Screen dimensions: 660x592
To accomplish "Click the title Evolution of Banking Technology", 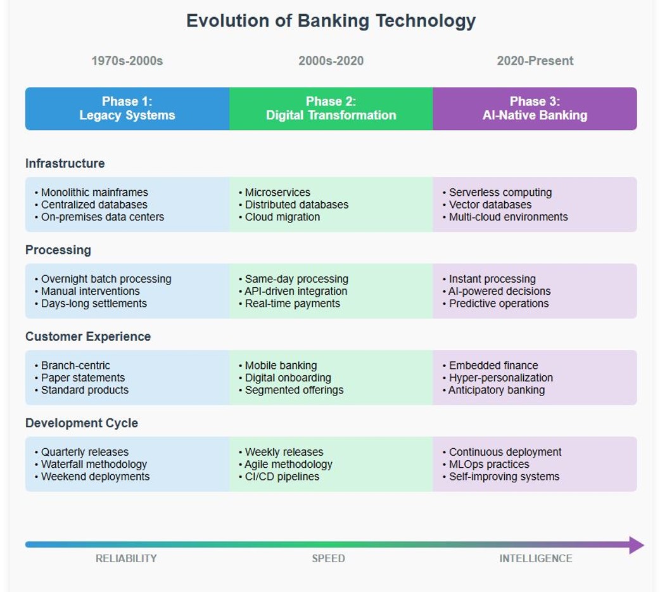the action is (x=331, y=21).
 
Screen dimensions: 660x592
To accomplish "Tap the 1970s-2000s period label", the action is (x=127, y=61).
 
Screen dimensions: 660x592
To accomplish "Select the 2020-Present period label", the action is (x=535, y=61).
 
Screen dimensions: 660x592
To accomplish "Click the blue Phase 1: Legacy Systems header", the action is (x=127, y=108).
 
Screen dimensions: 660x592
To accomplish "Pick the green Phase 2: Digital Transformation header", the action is (x=331, y=108).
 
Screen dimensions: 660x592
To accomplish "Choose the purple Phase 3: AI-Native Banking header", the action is (x=535, y=108).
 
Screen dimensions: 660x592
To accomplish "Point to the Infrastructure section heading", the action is (x=65, y=164).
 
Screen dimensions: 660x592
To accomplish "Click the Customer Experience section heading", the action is (x=88, y=337).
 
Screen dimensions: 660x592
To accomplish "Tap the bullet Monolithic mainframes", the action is (x=91, y=193).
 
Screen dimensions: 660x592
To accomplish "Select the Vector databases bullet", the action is (x=487, y=205).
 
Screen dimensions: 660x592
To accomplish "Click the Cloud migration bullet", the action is (x=279, y=217).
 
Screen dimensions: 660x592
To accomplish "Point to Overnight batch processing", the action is (x=103, y=279).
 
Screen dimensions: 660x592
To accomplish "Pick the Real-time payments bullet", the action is (x=289, y=304).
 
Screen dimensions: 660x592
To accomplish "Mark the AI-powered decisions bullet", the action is (x=497, y=291).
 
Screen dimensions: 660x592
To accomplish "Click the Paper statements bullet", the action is (x=80, y=378).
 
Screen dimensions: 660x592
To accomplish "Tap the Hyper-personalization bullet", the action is (x=498, y=378).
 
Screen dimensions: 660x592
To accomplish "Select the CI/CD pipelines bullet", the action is (x=279, y=477).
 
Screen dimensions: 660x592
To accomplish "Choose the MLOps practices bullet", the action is (x=486, y=465).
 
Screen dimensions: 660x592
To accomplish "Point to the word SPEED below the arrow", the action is (x=328, y=558).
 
